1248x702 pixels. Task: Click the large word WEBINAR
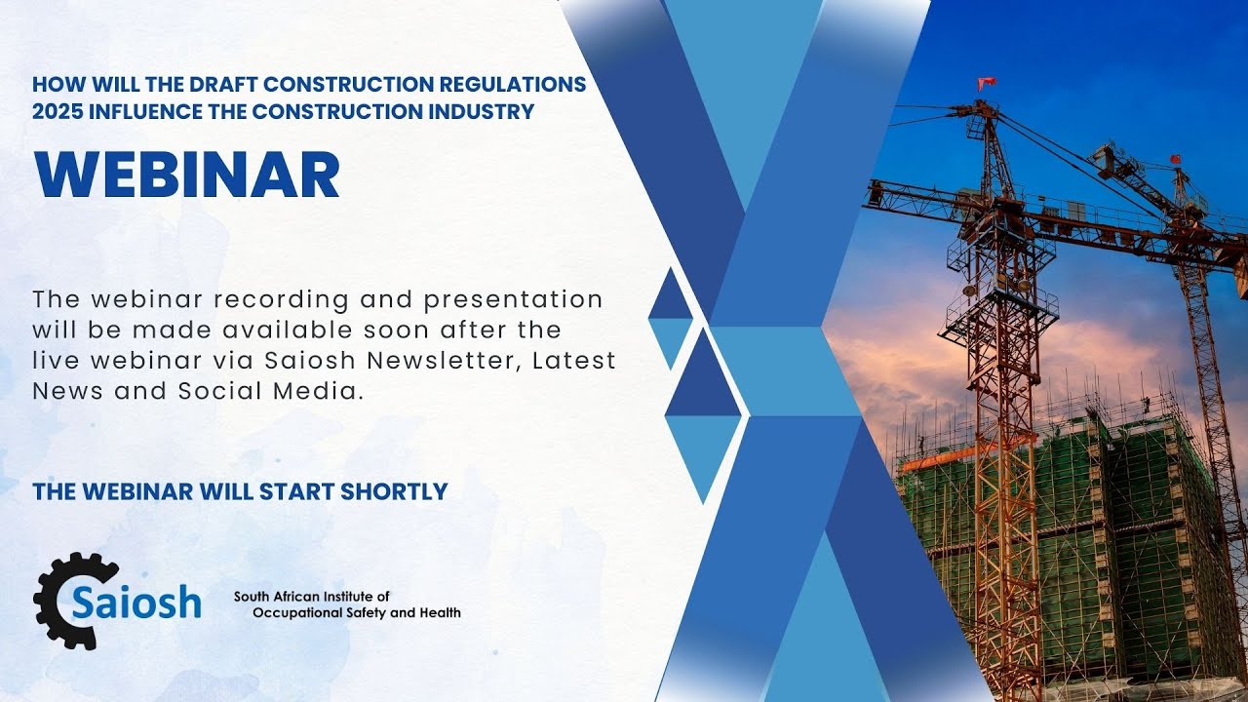point(186,175)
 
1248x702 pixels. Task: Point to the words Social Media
point(289,391)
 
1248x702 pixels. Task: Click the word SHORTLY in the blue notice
point(393,491)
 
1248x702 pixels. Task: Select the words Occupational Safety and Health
point(357,612)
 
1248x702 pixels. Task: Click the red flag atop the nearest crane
point(987,83)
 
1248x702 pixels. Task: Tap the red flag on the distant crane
point(1175,159)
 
